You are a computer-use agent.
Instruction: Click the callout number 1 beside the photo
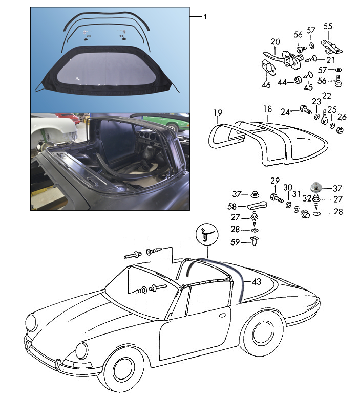point(205,17)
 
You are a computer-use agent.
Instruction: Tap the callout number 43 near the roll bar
point(256,281)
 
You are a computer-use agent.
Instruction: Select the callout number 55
point(328,27)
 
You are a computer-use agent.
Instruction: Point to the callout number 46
point(266,85)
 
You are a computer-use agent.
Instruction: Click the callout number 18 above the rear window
point(267,109)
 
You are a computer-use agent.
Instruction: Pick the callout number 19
point(218,113)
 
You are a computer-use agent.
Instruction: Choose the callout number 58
point(232,207)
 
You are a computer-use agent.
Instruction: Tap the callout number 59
point(235,242)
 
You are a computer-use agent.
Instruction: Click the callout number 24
point(285,112)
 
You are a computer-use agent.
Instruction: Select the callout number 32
point(307,198)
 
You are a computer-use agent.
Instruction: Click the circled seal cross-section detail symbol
point(207,234)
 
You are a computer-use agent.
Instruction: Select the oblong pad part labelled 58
point(257,205)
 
